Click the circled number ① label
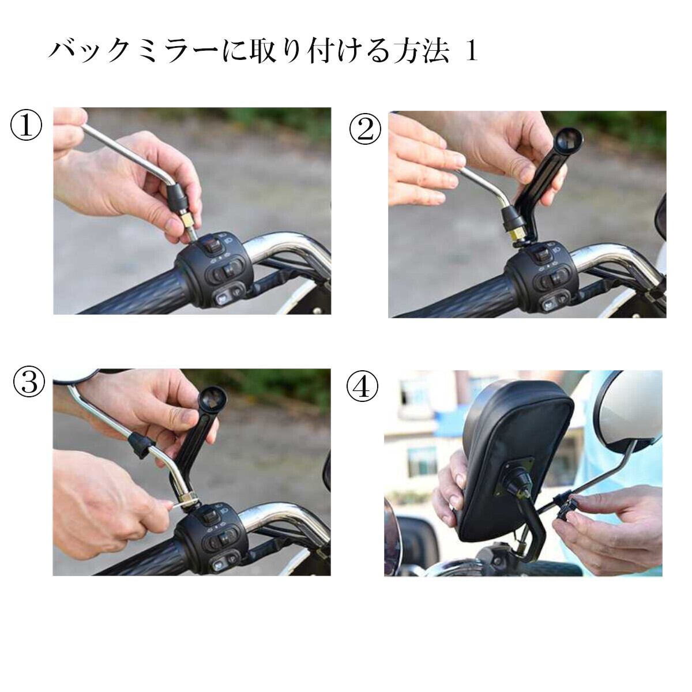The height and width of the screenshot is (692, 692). (x=26, y=125)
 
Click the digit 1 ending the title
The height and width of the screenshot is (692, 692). (x=472, y=52)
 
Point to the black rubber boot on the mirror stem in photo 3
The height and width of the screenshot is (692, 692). (x=140, y=445)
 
